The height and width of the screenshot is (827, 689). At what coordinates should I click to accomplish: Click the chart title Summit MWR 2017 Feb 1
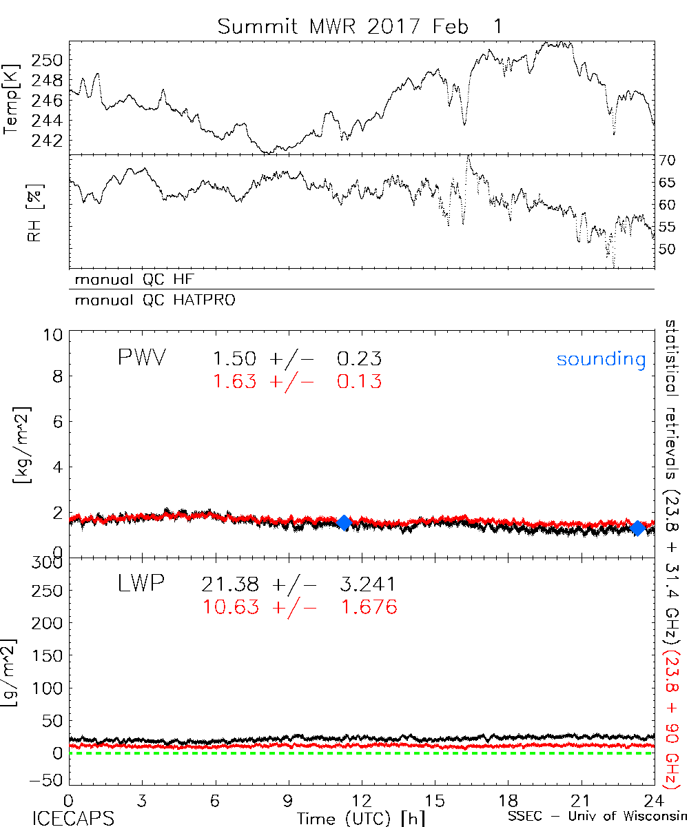tap(360, 26)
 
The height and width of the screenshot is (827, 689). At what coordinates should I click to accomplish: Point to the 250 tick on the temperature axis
tap(52, 61)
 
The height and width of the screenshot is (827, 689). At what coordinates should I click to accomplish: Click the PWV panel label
tap(141, 358)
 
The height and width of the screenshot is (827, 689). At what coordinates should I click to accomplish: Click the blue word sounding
tap(601, 359)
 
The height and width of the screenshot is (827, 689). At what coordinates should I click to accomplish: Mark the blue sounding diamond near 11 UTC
tap(344, 522)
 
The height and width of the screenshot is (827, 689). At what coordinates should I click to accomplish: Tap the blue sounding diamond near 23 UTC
tap(638, 529)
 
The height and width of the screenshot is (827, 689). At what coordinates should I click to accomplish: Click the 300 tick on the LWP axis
tap(50, 562)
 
